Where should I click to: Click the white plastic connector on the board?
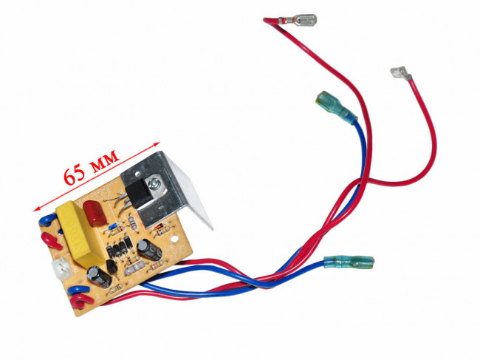pyautogui.click(x=61, y=267)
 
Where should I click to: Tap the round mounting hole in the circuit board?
pyautogui.click(x=175, y=239)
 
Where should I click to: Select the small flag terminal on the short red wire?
pyautogui.click(x=400, y=73)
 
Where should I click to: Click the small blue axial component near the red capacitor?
pyautogui.click(x=112, y=228)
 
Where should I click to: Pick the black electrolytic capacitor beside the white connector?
pyautogui.click(x=99, y=276)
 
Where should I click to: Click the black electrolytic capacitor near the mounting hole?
pyautogui.click(x=149, y=250)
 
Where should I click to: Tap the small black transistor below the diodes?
pyautogui.click(x=111, y=267)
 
